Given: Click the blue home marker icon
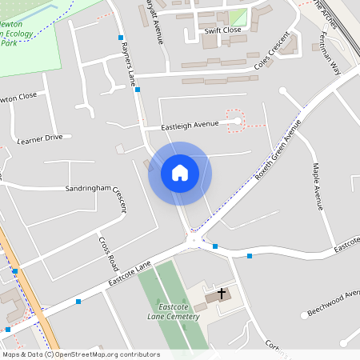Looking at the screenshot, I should pyautogui.click(x=180, y=173).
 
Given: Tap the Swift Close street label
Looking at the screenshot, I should pyautogui.click(x=222, y=30).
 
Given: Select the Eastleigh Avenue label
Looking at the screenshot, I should pyautogui.click(x=190, y=125).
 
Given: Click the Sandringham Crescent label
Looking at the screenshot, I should pyautogui.click(x=96, y=192).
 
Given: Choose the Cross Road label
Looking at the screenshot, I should pyautogui.click(x=108, y=251).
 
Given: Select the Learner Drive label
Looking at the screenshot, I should pyautogui.click(x=39, y=138).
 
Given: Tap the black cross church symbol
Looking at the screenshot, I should pyautogui.click(x=222, y=294).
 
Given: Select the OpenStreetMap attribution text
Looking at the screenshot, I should pyautogui.click(x=80, y=354).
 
